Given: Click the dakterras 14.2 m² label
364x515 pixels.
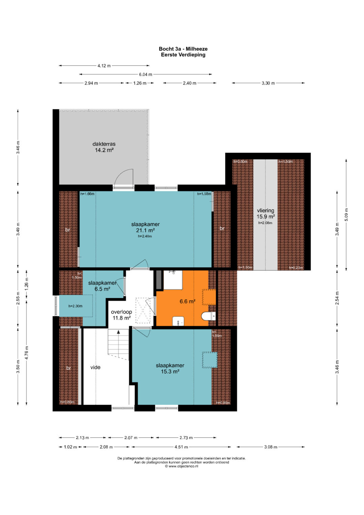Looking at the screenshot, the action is pos(104,147).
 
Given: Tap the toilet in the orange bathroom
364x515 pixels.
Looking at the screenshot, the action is pos(208,316).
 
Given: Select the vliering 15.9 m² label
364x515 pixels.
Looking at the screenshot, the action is pos(266,213).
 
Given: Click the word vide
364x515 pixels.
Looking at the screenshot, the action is pos(95,367).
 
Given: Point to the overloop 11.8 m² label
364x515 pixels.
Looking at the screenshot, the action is pos(122,315).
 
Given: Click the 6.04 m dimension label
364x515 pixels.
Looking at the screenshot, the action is pos(146,75).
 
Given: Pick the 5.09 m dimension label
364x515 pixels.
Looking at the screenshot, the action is pos(346,214).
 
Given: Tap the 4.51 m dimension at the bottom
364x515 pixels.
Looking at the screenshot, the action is pos(181,447).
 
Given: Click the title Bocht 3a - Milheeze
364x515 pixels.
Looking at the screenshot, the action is pos(183,49).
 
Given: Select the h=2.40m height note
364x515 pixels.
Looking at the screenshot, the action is pos(145,236).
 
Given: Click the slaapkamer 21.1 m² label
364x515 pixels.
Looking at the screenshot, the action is pos(145,227).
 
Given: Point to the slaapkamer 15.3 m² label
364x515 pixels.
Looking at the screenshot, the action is pos(170,368).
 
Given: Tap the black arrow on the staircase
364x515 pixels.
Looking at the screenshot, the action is pos(118,332).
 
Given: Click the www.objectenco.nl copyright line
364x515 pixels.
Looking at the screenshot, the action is pos(182,466).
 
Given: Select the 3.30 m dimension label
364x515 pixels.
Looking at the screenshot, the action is pos(268,83).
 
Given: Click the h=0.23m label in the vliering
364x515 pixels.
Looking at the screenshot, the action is pos(296,267).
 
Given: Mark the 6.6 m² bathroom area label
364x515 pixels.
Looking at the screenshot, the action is pos(187,301).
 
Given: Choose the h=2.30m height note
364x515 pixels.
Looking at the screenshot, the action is pos(75,306).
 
